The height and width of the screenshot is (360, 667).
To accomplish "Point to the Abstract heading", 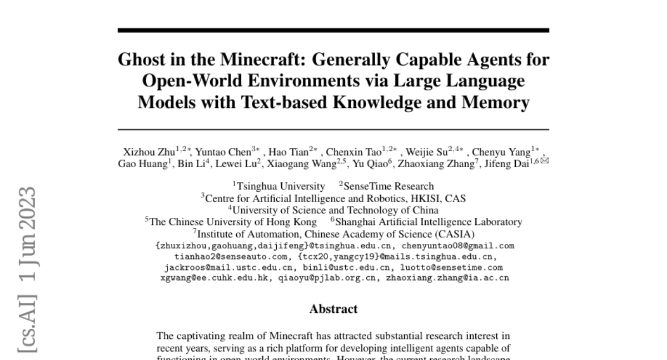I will (333, 309).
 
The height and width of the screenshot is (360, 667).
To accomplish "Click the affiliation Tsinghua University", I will (280, 187).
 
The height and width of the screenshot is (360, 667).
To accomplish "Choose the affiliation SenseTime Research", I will (389, 187).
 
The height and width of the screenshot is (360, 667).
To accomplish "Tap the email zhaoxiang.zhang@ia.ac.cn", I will (447, 278).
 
